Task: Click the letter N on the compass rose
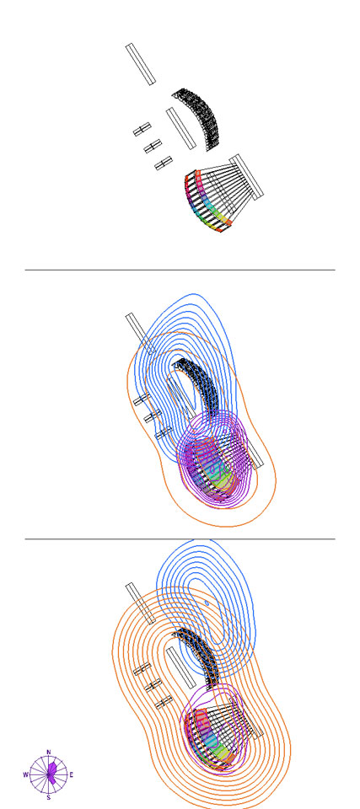tap(49, 753)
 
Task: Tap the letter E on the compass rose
tap(72, 774)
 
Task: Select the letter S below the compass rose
tap(49, 798)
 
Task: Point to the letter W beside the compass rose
tap(25, 774)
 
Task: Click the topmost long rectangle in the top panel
tap(140, 64)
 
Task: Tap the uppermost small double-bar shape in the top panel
tap(142, 129)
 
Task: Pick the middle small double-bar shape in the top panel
tap(153, 147)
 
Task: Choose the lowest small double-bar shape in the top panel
tap(164, 163)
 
